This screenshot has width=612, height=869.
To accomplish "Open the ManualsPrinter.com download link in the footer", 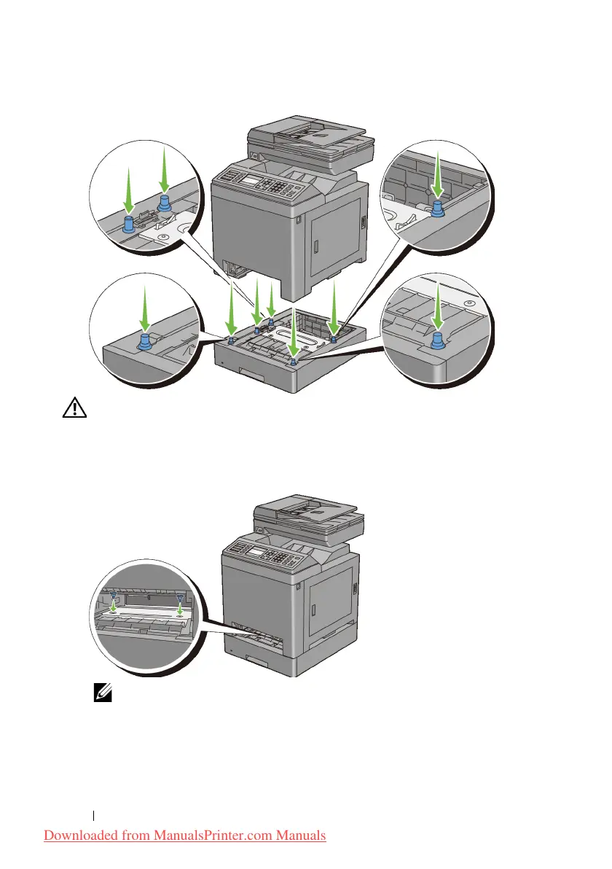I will pyautogui.click(x=185, y=835).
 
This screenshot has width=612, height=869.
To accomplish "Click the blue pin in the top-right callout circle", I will pyautogui.click(x=439, y=209).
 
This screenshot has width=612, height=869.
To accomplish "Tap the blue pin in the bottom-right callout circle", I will pyautogui.click(x=437, y=340).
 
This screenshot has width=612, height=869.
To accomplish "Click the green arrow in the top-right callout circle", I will pyautogui.click(x=438, y=176).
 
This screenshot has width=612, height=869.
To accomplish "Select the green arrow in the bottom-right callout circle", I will pyautogui.click(x=437, y=306).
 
